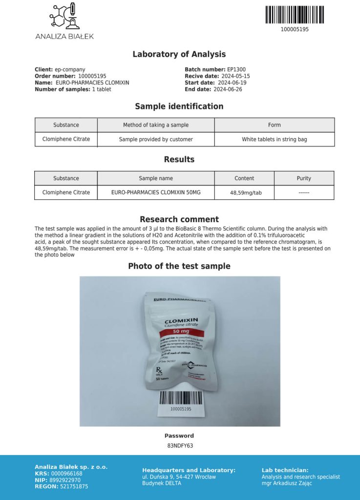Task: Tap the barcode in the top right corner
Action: tap(294, 15)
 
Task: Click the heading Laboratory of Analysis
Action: tap(179, 54)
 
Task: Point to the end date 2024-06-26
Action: tap(227, 89)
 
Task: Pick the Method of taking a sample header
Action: tap(156, 125)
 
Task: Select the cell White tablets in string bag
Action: tap(275, 139)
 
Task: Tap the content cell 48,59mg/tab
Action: tap(246, 193)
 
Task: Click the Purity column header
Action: tap(304, 178)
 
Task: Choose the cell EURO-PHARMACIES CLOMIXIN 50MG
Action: tap(156, 192)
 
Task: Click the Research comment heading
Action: tap(179, 219)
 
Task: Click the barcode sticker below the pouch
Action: tap(180, 401)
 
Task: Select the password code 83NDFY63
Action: tap(180, 446)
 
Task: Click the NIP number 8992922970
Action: tap(65, 480)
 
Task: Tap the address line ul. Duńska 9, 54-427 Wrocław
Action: tap(179, 477)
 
